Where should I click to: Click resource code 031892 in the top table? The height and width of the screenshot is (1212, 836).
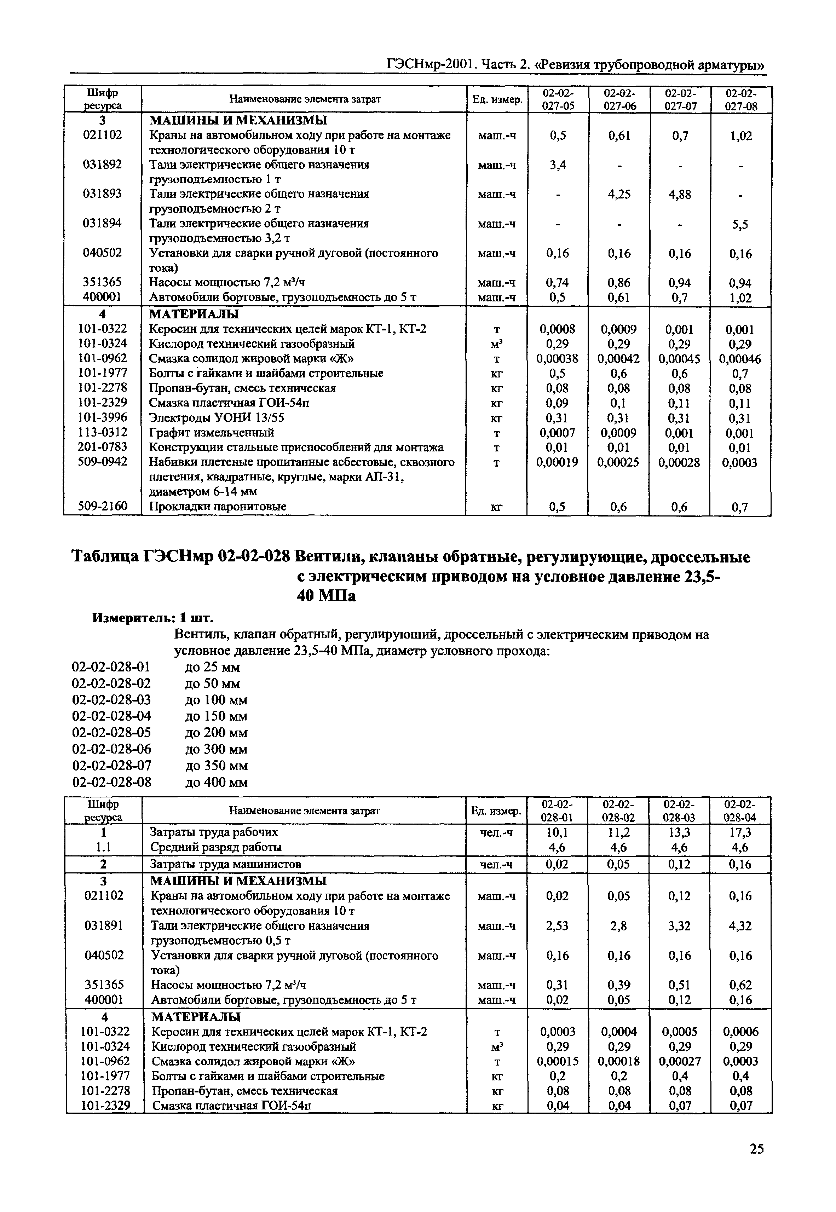[x=103, y=165]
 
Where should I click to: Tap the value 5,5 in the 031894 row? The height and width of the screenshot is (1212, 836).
[x=740, y=225]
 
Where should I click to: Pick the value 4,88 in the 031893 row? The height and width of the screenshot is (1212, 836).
[x=679, y=195]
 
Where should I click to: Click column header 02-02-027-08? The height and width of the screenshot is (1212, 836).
[x=741, y=99]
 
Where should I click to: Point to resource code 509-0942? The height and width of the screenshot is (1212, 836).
[x=103, y=462]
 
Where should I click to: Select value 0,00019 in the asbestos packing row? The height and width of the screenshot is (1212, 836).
[x=557, y=462]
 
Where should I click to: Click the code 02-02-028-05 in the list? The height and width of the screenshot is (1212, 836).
[x=111, y=733]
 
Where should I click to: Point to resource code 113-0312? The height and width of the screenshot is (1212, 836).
[x=103, y=433]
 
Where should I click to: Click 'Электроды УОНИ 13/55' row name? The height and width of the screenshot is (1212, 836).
[x=217, y=418]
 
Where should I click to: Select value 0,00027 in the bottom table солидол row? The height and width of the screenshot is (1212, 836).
[x=679, y=1062]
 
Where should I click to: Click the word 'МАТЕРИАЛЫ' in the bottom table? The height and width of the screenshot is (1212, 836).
[x=196, y=1017]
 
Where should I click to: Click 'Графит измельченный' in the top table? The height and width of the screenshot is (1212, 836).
[x=212, y=433]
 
